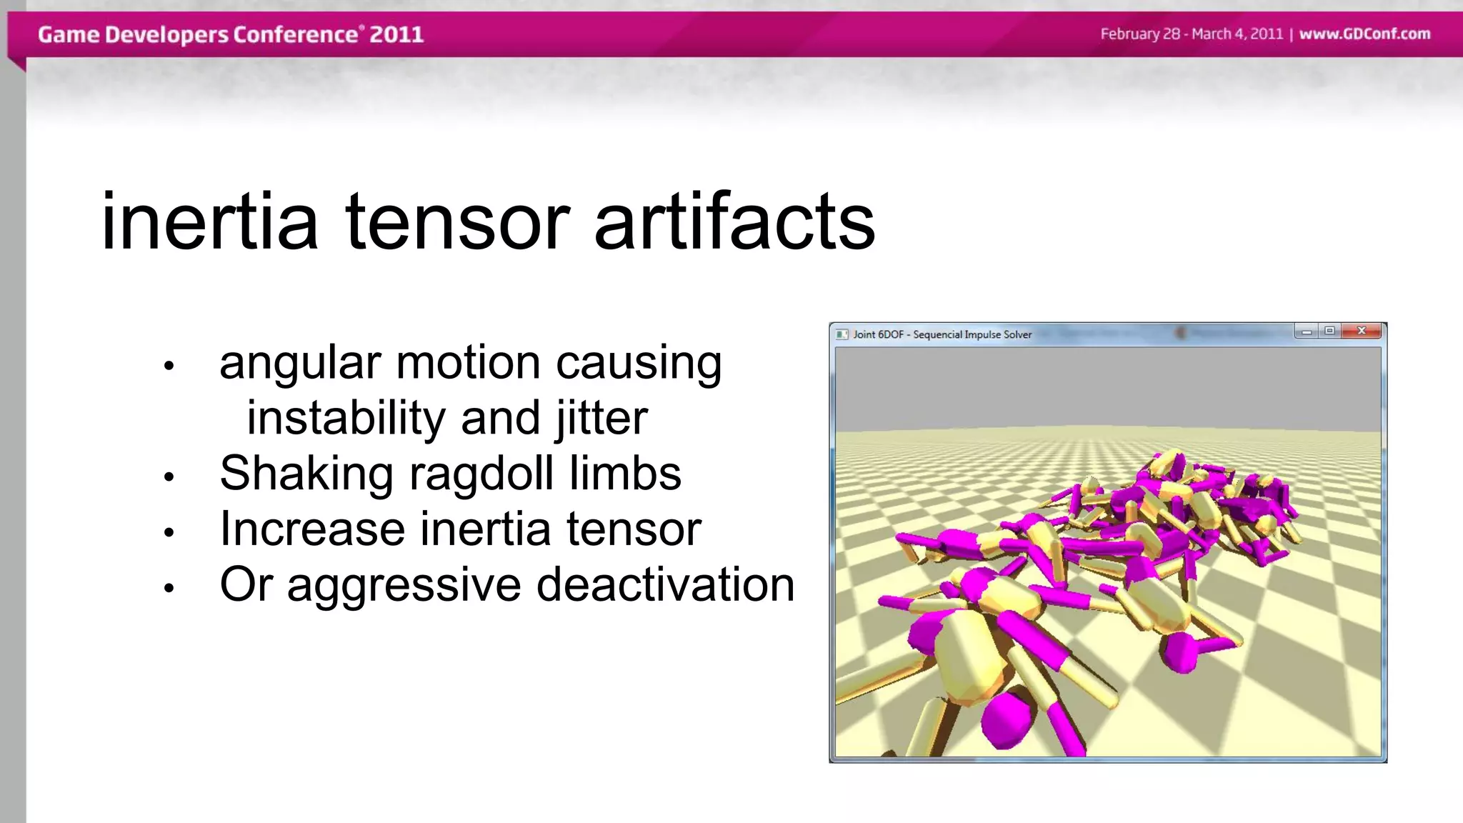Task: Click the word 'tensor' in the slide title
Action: point(457,222)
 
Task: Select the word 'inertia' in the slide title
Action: point(209,222)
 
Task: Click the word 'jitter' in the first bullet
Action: point(601,419)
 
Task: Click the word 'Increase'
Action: point(312,529)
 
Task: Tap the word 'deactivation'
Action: point(665,585)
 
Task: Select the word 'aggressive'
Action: point(404,587)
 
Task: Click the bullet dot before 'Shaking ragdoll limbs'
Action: point(169,477)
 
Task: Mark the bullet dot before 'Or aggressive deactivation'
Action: point(169,589)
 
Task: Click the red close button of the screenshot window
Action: point(1362,331)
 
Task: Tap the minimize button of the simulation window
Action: point(1306,331)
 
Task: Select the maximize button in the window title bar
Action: point(1329,331)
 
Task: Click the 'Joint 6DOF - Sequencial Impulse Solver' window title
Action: point(942,334)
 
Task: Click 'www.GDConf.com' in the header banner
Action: point(1364,34)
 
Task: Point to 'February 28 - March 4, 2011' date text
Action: point(1191,34)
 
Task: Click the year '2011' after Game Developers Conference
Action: point(396,34)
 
